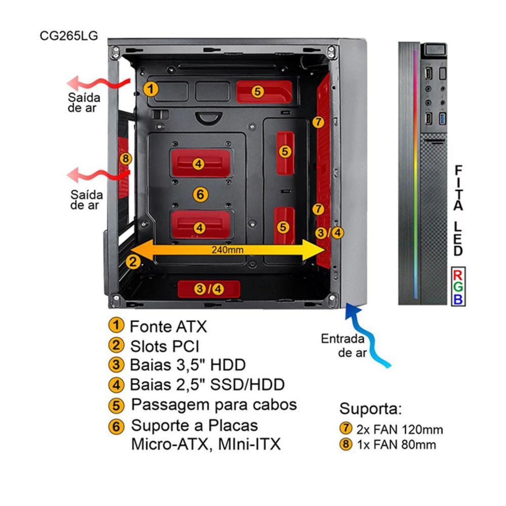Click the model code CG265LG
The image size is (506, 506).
coord(68,36)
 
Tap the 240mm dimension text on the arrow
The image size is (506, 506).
coord(228,249)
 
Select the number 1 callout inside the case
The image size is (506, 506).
coord(150,89)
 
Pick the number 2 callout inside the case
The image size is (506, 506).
coord(133,261)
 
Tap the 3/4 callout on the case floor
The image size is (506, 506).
coord(208,289)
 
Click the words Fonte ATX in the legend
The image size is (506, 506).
coord(168,326)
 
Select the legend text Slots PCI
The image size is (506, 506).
coord(164,346)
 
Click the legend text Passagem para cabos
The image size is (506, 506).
coord(214,405)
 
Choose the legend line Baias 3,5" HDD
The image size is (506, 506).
coord(187,365)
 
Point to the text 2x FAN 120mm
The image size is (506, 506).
coord(399,430)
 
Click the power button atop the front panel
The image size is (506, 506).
coord(435,50)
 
